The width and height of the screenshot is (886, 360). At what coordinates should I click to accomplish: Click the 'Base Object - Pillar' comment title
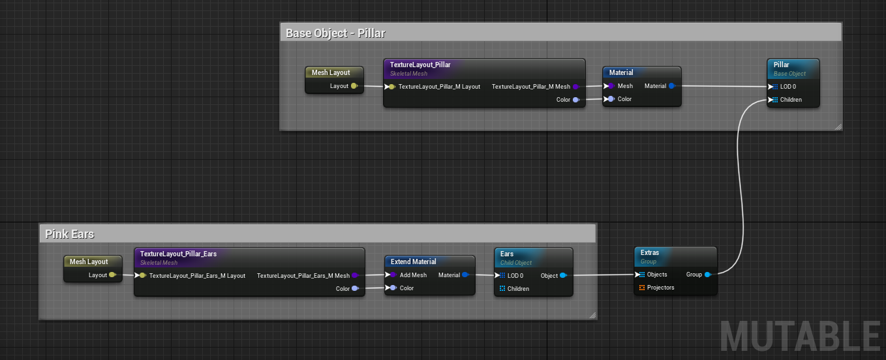coord(335,33)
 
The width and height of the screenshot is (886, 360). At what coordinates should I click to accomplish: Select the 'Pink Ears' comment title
coord(70,234)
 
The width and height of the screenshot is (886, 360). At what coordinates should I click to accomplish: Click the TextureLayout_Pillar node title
coord(420,65)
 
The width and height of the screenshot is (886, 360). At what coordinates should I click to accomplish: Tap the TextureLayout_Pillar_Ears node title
coord(178,254)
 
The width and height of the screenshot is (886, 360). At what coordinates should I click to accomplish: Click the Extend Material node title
coord(414,262)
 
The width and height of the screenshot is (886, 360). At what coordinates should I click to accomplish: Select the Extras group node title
coord(650,252)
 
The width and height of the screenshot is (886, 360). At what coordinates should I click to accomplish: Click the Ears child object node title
coord(507,254)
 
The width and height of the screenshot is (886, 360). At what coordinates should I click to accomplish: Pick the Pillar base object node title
coord(781,65)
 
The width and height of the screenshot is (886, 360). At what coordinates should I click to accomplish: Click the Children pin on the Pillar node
coord(774,100)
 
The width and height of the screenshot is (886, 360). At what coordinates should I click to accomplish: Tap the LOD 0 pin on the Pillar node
coord(774,87)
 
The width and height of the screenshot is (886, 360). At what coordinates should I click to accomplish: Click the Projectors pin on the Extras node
coord(642,288)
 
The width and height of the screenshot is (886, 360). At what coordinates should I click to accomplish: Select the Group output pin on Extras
coord(708,275)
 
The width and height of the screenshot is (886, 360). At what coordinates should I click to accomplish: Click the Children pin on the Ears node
coord(502,288)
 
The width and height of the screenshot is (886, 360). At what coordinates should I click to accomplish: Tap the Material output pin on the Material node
coord(671,85)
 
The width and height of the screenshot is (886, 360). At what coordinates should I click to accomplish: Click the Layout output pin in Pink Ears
coord(112,275)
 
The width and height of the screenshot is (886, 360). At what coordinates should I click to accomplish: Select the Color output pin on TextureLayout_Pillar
coord(576,100)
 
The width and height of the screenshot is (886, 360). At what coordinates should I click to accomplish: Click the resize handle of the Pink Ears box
coord(592,315)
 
